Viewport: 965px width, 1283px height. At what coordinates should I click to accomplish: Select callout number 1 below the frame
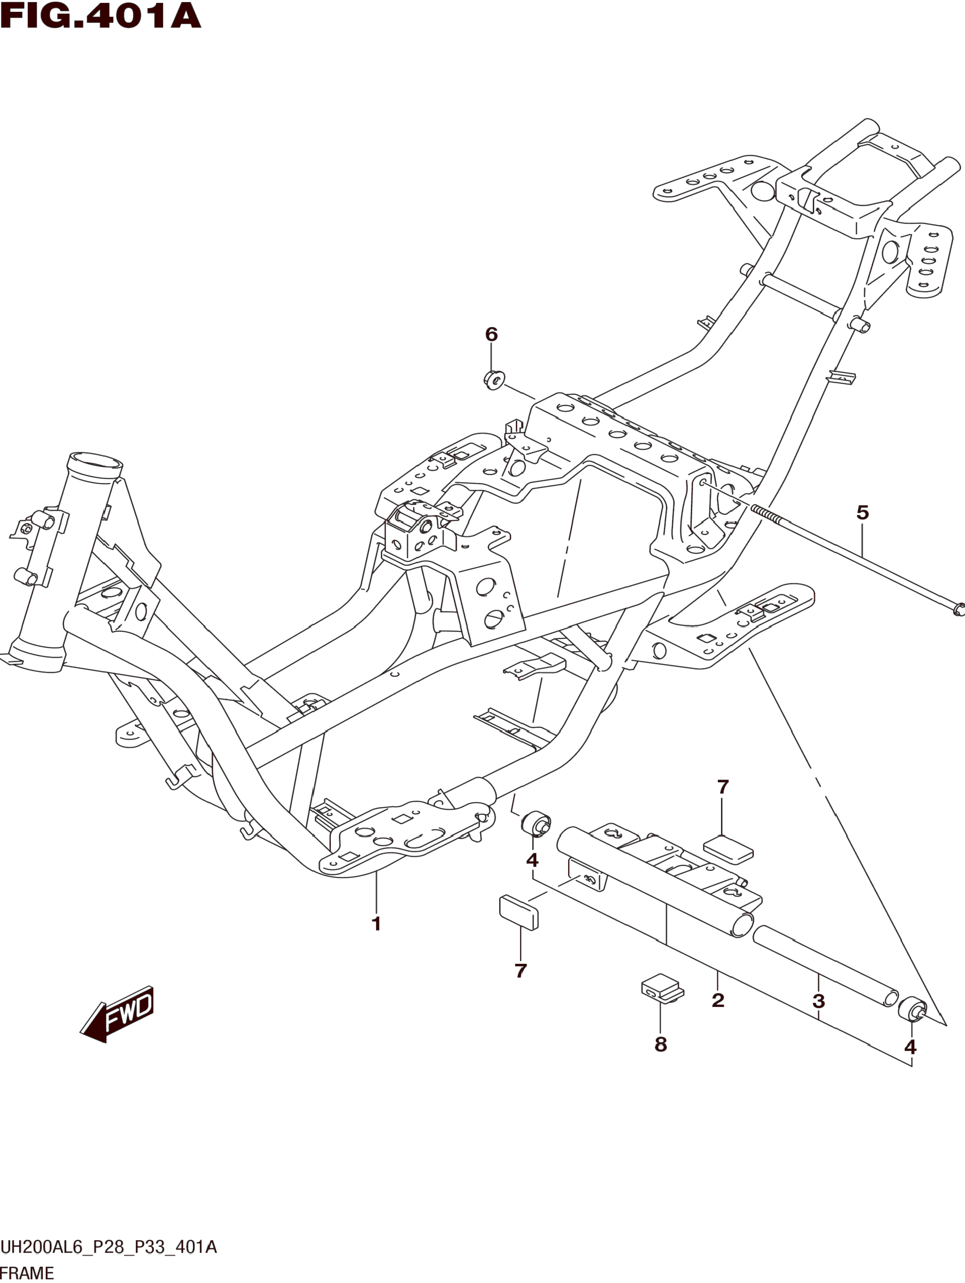376,924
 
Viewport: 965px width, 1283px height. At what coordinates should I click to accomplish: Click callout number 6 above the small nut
491,334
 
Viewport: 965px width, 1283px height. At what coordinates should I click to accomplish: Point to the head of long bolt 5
958,608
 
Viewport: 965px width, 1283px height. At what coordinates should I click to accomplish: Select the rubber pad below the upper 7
728,849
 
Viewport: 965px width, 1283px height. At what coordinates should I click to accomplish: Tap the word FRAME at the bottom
27,1273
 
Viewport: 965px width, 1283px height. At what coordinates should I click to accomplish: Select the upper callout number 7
723,787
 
